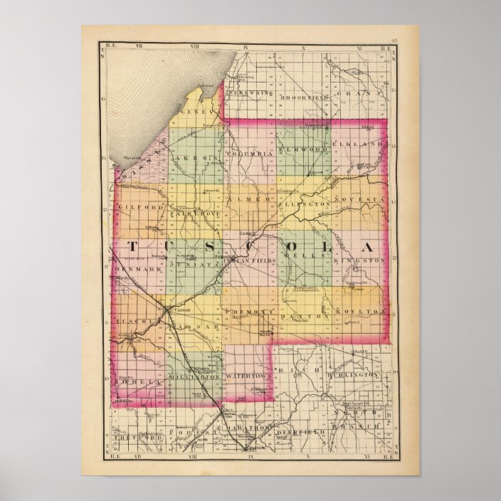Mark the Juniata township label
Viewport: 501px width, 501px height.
[x=191, y=263]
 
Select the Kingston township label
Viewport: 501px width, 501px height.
[x=363, y=261]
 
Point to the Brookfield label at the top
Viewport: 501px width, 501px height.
[x=304, y=96]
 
